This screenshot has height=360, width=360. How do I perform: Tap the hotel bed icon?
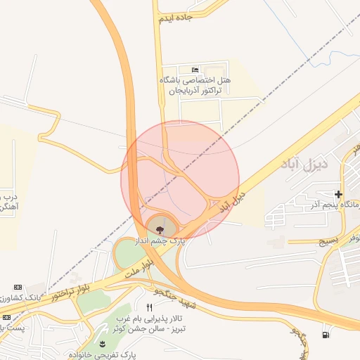195,69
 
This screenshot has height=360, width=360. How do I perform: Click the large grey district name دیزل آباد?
309,167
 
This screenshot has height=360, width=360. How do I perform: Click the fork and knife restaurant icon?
148,308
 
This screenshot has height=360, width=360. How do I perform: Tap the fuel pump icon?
324,334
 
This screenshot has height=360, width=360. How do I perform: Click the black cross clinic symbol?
338,194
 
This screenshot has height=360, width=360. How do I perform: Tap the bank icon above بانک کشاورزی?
18,288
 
